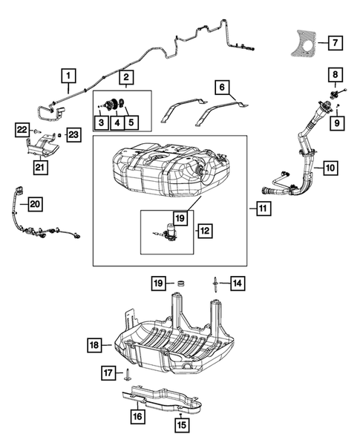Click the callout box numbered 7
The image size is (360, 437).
(x=335, y=43)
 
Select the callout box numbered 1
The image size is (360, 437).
(x=68, y=76)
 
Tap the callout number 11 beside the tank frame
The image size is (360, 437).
(x=264, y=208)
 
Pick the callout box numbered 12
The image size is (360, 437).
(x=205, y=231)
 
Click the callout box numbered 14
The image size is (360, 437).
(x=238, y=283)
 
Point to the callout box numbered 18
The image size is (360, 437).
(x=94, y=345)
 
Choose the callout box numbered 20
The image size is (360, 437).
(x=35, y=204)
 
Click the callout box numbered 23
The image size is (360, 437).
(x=73, y=135)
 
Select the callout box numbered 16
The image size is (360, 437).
(x=137, y=416)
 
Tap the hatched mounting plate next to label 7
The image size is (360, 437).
(x=301, y=45)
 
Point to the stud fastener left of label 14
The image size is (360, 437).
(x=216, y=284)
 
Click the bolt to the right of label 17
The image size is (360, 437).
(x=127, y=374)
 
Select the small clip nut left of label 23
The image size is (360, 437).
(x=59, y=135)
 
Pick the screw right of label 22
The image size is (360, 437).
(x=37, y=131)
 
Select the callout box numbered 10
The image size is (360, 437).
(x=331, y=168)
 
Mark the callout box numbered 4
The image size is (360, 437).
(x=117, y=122)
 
